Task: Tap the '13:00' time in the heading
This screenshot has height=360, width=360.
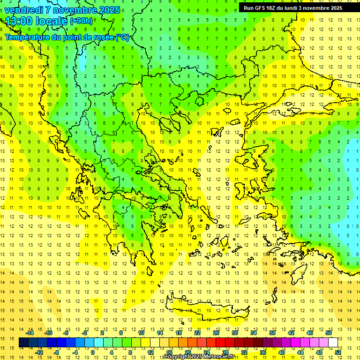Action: [17, 21]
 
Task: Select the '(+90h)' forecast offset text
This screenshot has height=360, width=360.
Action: [81, 21]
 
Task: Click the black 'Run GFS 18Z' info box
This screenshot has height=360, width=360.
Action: [292, 8]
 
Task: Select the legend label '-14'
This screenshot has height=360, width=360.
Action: [30, 333]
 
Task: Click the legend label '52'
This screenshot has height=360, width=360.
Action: [338, 352]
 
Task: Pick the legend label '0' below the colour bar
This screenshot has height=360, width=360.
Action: [92, 352]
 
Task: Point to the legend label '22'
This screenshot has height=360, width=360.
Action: [197, 333]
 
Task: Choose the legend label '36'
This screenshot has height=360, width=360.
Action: [263, 352]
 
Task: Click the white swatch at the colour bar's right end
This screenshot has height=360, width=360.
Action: [333, 343]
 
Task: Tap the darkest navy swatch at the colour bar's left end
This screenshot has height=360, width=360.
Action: [24, 343]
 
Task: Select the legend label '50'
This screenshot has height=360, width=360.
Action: [329, 333]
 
